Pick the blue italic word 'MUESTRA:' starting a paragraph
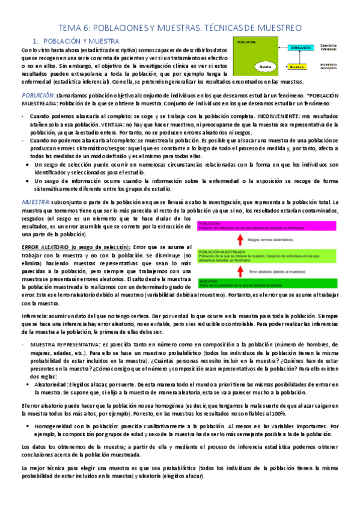pos(35,203)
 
